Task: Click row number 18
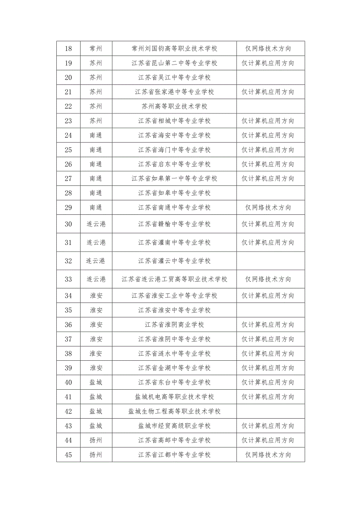[68, 49]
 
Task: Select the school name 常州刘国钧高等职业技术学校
[174, 49]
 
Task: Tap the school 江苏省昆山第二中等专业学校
[174, 63]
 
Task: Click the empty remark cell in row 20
[270, 77]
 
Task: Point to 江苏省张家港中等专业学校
[174, 92]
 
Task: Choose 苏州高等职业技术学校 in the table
[174, 106]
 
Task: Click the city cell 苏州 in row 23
[96, 121]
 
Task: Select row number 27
[68, 178]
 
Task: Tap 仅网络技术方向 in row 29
[268, 208]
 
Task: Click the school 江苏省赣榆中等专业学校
[174, 224]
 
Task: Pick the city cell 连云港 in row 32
[96, 261]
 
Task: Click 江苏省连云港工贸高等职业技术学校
[174, 279]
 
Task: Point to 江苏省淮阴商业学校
[174, 325]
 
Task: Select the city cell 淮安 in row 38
[96, 354]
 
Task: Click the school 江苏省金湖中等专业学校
[174, 368]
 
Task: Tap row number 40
[68, 382]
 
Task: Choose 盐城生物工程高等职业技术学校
[174, 411]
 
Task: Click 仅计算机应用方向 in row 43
[268, 426]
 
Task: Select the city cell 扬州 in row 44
[96, 440]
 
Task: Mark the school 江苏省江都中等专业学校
[174, 455]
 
